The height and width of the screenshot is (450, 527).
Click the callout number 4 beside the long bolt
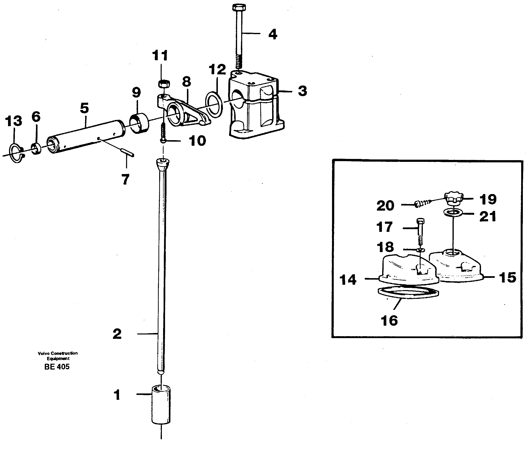pyautogui.click(x=273, y=34)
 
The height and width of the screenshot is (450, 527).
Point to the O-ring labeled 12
pyautogui.click(x=214, y=105)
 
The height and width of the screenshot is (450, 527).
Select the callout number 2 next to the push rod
pyautogui.click(x=117, y=334)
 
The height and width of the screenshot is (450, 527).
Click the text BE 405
pyautogui.click(x=57, y=367)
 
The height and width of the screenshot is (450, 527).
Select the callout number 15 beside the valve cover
pyautogui.click(x=508, y=278)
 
